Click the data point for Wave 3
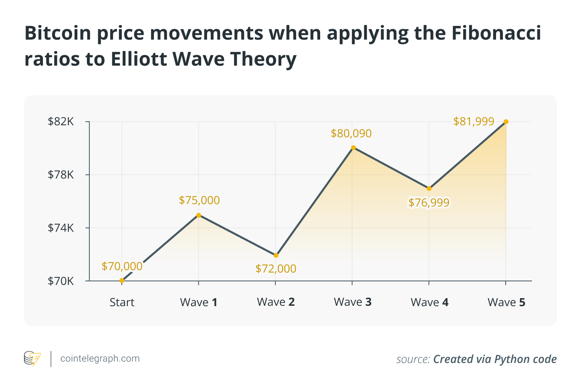pos(353,148)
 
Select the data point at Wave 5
pos(506,122)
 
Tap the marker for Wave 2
pos(276,255)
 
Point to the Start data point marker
pos(122,281)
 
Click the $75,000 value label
pos(199,200)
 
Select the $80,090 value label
pos(351,133)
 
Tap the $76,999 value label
pos(429,203)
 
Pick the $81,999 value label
pos(474,121)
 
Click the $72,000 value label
pos(276,269)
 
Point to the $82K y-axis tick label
pos(61,122)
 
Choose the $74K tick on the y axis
pos(61,228)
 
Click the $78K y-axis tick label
pos(61,175)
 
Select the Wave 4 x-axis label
pos(430,302)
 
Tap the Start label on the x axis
pos(122,302)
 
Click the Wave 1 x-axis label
pos(199,302)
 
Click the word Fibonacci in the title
pos(496,33)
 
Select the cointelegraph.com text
pos(100,359)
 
